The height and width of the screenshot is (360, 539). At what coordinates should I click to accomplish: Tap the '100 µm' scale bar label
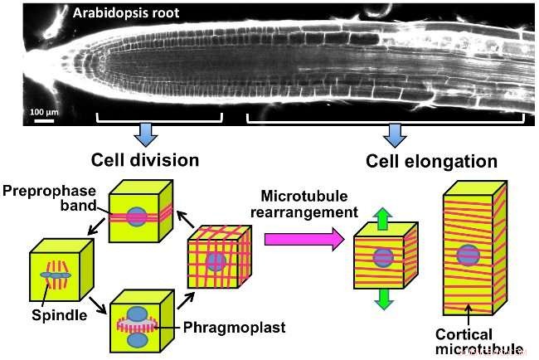click(43, 110)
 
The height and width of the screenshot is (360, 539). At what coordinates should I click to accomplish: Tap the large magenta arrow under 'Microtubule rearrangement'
click(303, 239)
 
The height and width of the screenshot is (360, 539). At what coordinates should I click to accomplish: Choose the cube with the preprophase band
click(138, 213)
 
